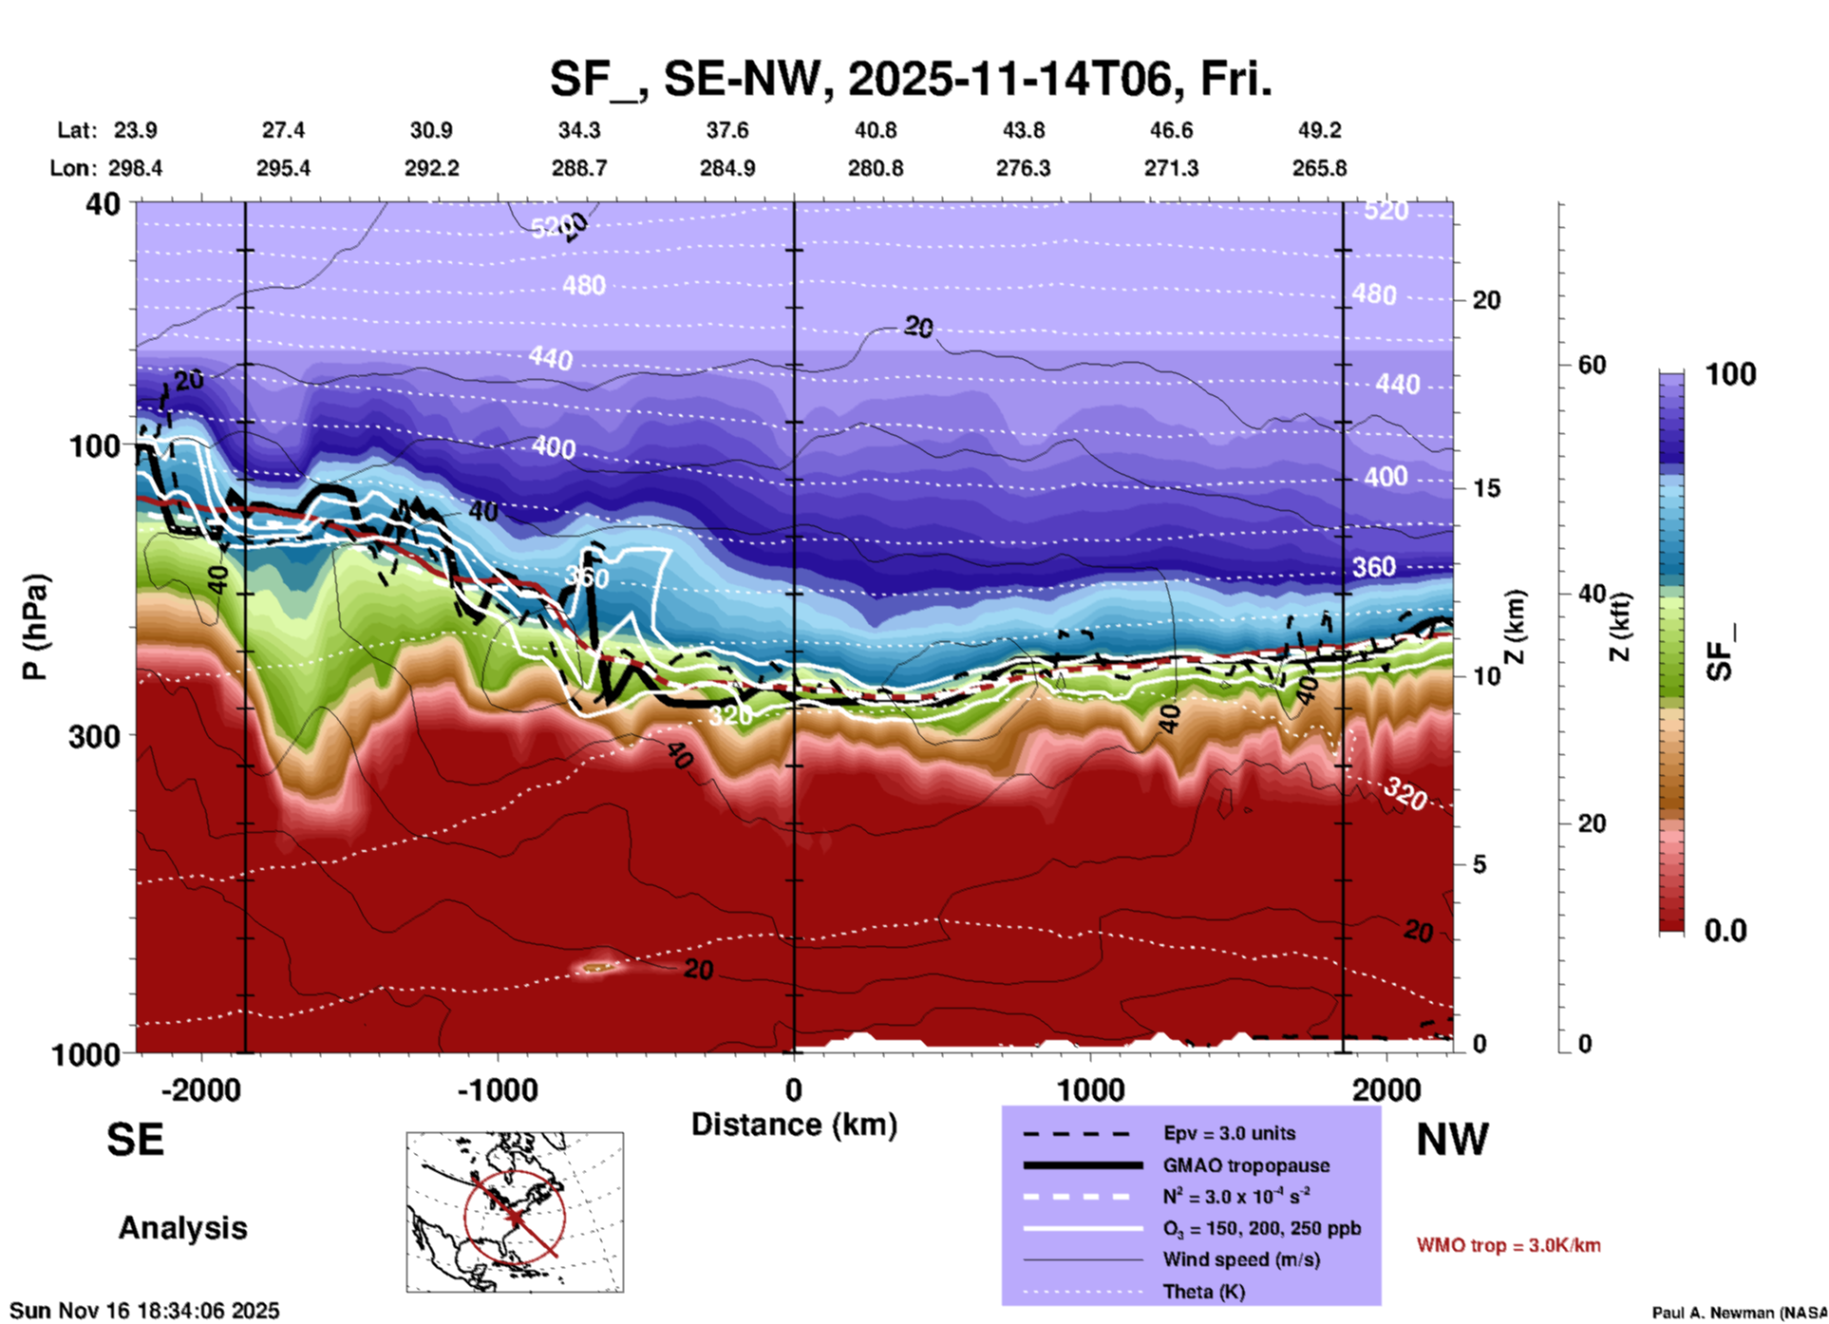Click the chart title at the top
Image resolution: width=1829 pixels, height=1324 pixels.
910,80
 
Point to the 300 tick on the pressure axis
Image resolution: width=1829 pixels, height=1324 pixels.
95,736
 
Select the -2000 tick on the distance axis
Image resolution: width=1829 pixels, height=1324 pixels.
200,1089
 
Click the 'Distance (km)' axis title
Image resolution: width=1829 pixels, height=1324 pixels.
794,1125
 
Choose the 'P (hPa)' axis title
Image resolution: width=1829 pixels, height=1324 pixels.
35,626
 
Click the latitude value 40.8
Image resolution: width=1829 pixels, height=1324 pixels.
875,130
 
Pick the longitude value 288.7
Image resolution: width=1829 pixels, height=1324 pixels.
578,168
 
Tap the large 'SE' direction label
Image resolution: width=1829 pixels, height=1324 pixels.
135,1140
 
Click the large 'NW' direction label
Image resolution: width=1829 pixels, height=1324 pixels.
1452,1140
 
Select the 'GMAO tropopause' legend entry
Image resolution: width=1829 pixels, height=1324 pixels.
1246,1165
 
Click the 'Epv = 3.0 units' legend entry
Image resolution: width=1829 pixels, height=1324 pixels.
1229,1133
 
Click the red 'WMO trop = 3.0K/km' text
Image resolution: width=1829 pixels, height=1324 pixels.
1508,1245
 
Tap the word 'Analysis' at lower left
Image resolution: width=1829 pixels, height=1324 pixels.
182,1228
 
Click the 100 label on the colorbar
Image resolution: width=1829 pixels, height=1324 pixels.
1730,374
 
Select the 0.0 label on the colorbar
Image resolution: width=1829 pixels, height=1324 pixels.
1725,931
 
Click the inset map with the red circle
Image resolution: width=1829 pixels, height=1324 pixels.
515,1212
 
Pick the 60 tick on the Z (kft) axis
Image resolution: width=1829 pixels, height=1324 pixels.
1592,365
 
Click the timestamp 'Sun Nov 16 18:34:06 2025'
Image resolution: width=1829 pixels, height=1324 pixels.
144,1311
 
